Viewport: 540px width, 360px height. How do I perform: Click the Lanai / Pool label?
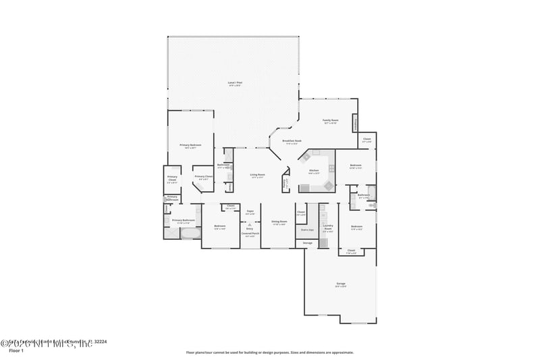pyautogui.click(x=235, y=83)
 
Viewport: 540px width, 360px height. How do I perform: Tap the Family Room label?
pyautogui.click(x=331, y=121)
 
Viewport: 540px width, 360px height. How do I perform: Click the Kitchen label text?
pyautogui.click(x=314, y=171)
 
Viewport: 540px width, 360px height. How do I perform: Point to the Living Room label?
pyautogui.click(x=257, y=175)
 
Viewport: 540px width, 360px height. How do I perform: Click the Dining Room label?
pyautogui.click(x=279, y=222)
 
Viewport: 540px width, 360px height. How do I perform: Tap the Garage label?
pyautogui.click(x=341, y=284)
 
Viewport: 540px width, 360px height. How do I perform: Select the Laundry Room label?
pyautogui.click(x=328, y=227)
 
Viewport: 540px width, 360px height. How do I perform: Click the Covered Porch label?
pyautogui.click(x=250, y=234)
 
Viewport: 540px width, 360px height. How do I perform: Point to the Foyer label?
pyautogui.click(x=250, y=211)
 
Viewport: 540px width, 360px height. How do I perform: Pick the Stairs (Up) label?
pyautogui.click(x=301, y=230)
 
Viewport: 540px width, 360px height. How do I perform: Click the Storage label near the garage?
pyautogui.click(x=307, y=242)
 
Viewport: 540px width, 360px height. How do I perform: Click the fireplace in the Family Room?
pyautogui.click(x=355, y=124)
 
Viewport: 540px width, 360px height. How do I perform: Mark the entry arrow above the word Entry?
pyautogui.click(x=250, y=222)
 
